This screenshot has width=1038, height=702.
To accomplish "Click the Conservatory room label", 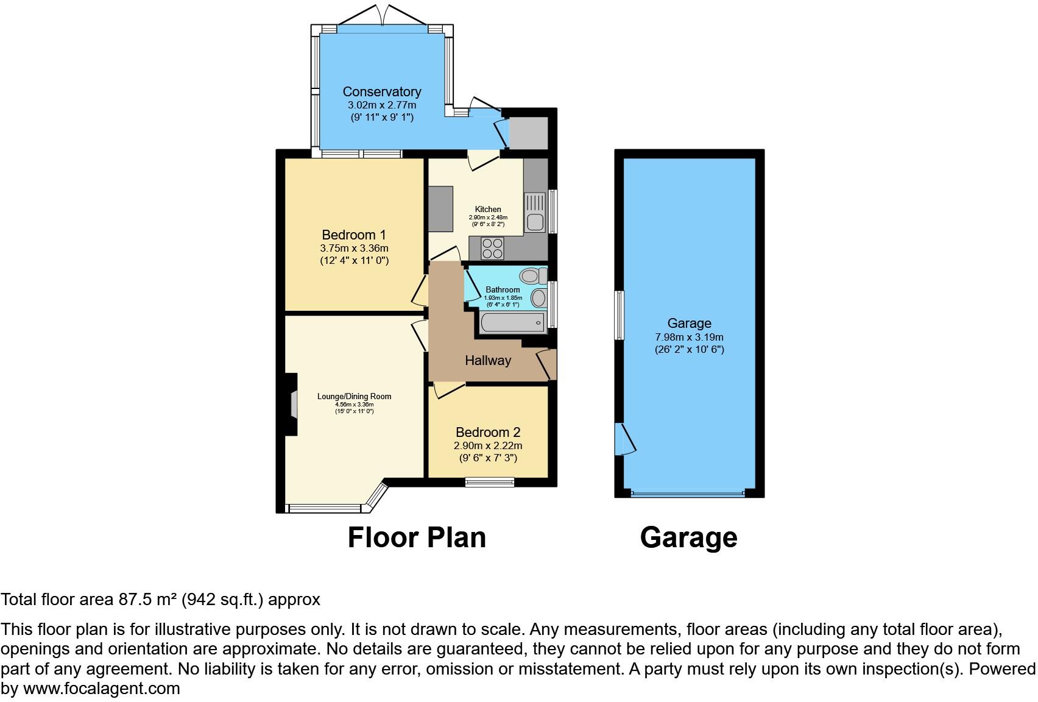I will pos(381,92).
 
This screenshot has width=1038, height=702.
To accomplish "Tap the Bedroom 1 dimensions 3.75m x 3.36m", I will pos(353,249).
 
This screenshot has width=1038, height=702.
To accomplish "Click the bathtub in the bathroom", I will pos(512,322).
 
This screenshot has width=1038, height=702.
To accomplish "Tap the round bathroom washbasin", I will pos(538,298).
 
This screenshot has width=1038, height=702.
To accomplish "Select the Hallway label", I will pos(487,361).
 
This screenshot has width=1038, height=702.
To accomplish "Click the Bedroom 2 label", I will pos(487,433).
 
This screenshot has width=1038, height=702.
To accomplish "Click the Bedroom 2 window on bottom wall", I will pos(490,483).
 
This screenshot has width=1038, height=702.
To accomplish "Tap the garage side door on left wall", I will pos(624,439).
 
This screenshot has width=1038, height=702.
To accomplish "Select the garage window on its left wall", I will pos(619,315).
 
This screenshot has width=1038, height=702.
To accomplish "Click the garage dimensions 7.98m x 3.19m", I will pos(689,337).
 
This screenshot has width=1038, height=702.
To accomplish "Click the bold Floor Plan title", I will pos(417,538).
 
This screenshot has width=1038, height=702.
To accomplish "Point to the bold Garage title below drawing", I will pos(688,538).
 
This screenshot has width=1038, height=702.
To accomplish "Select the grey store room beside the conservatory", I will pos(528,133).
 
